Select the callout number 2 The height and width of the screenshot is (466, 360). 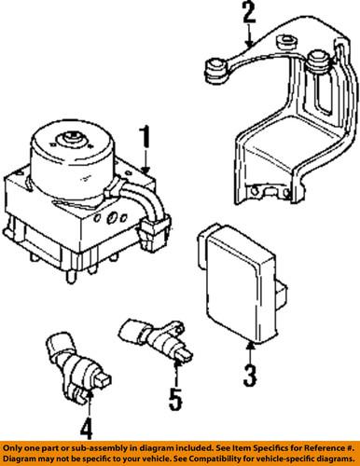(246, 13)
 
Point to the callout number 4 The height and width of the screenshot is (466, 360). (86, 431)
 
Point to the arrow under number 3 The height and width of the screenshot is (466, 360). (248, 350)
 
